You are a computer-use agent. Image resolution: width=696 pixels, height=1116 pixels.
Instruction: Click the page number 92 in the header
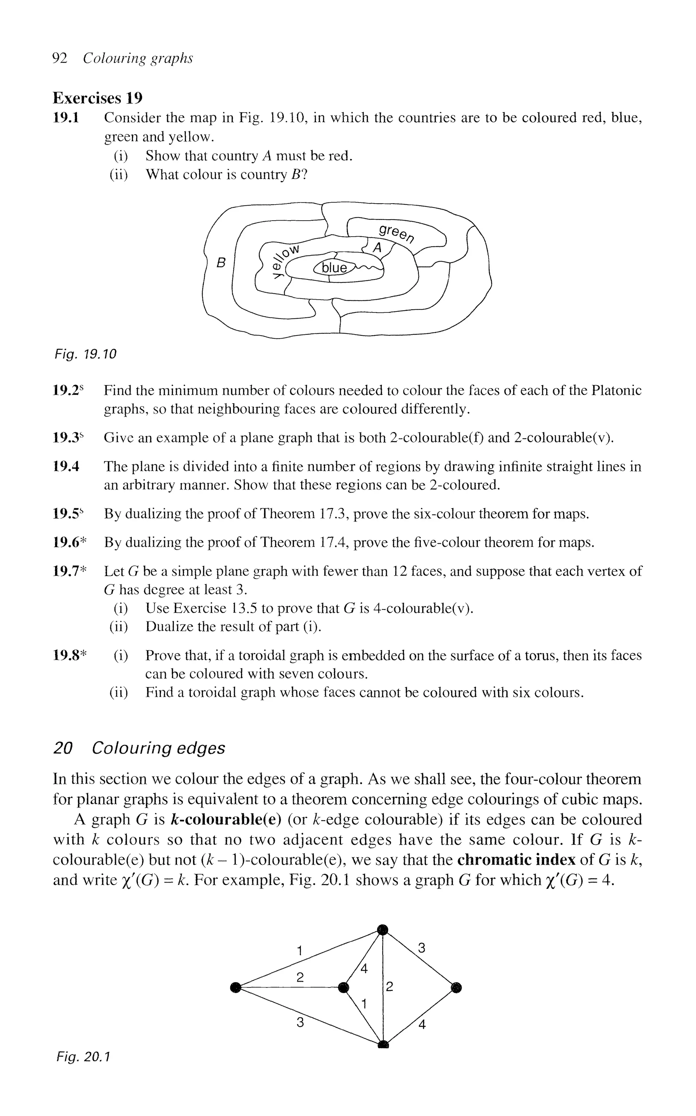(x=60, y=58)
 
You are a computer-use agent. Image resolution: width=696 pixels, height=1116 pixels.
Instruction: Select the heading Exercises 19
(x=98, y=98)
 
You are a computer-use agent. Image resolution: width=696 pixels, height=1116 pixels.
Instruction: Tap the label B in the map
(x=222, y=263)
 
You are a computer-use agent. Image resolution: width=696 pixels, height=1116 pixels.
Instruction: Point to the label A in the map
(x=378, y=248)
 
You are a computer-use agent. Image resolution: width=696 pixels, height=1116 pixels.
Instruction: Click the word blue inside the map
(x=334, y=268)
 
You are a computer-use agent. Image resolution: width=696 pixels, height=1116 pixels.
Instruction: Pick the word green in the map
(x=396, y=234)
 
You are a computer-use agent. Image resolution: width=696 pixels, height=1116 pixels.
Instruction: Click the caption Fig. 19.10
(x=85, y=354)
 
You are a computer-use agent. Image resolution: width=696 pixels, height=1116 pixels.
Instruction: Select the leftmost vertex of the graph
(x=236, y=986)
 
